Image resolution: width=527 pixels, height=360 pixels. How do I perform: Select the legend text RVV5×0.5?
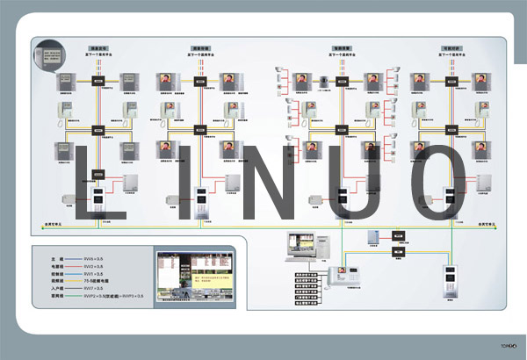[94, 259]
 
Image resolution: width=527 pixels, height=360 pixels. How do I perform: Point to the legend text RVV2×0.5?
[94, 266]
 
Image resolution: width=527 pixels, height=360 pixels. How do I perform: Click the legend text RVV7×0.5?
[94, 289]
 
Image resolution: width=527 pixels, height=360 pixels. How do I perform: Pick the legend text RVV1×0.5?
[94, 274]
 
